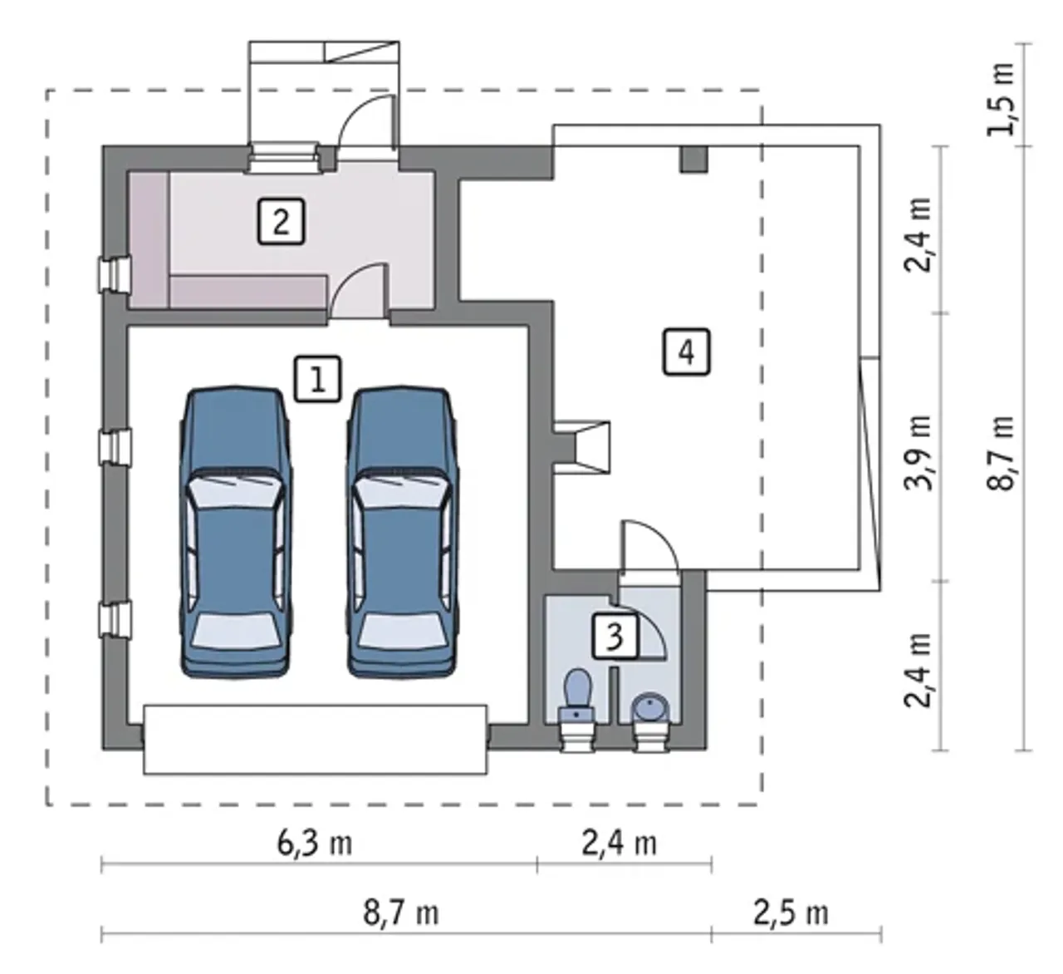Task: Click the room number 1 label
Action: [x=317, y=379]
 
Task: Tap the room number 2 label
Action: [x=281, y=221]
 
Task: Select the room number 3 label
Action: [x=615, y=637]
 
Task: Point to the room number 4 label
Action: [x=686, y=352]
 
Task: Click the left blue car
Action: [x=236, y=532]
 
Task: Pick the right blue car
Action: [x=402, y=532]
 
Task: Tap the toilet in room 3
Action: [x=578, y=696]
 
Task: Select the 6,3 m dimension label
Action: [x=314, y=843]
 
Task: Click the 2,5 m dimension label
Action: [x=791, y=913]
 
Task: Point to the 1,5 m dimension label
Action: [x=1001, y=99]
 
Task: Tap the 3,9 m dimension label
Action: [x=918, y=453]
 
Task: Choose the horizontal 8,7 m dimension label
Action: [x=401, y=913]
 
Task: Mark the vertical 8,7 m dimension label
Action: [x=1001, y=453]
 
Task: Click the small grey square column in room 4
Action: [x=693, y=159]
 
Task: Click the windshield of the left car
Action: [x=236, y=490]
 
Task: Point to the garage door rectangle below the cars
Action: [x=316, y=740]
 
